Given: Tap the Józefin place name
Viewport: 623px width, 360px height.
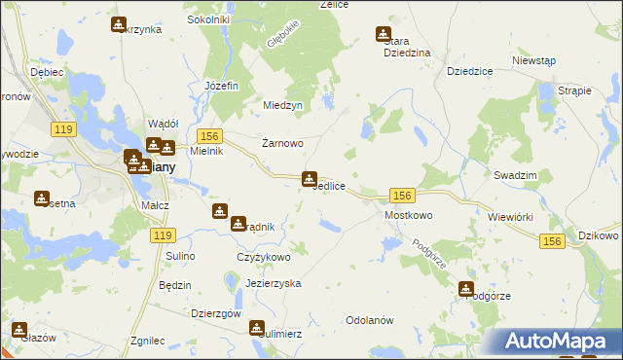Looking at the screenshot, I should [x=221, y=85].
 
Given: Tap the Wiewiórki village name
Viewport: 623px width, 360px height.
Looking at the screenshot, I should [x=511, y=217].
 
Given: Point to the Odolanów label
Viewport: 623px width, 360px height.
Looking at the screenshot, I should [x=369, y=320].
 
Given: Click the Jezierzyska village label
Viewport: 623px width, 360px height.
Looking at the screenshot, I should [x=274, y=283].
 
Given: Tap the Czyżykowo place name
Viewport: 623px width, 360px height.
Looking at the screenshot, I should [x=264, y=257].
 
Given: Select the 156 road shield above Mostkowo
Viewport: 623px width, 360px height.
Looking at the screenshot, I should [x=402, y=195].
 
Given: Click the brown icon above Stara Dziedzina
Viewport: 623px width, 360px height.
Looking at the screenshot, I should [x=384, y=34].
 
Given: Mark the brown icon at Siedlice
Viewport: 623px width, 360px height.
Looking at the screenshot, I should [x=310, y=178].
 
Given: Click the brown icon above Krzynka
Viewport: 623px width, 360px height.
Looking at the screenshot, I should [x=119, y=24].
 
